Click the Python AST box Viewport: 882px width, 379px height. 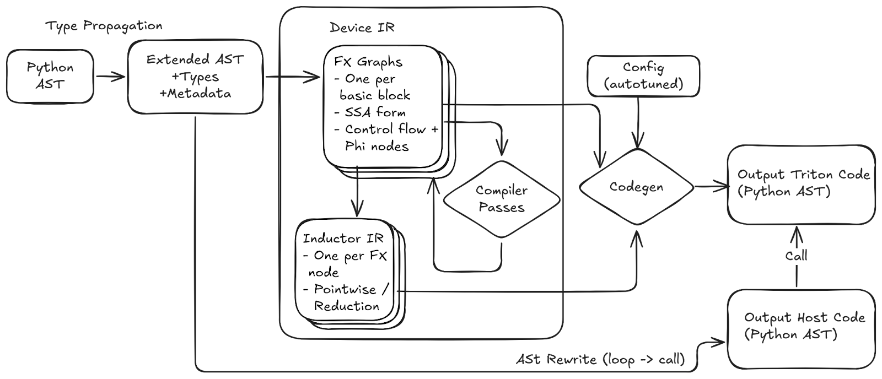point(50,76)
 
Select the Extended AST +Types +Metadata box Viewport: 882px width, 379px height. point(195,77)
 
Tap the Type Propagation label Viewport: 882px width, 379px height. point(104,26)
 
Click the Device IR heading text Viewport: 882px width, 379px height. point(362,28)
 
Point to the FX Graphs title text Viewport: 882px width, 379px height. point(368,62)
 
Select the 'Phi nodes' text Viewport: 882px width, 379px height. point(377,146)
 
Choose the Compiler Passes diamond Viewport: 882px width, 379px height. point(502,199)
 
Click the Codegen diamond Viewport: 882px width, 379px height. point(636,187)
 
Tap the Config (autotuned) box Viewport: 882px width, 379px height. point(644,76)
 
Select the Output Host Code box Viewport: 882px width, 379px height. point(803,326)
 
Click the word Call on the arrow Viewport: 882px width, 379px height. point(796,256)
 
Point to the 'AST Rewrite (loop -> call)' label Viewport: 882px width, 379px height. point(601,360)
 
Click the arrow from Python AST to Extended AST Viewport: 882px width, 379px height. point(111,77)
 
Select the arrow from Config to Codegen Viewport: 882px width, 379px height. point(638,123)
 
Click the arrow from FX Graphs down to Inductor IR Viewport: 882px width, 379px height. point(357,193)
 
